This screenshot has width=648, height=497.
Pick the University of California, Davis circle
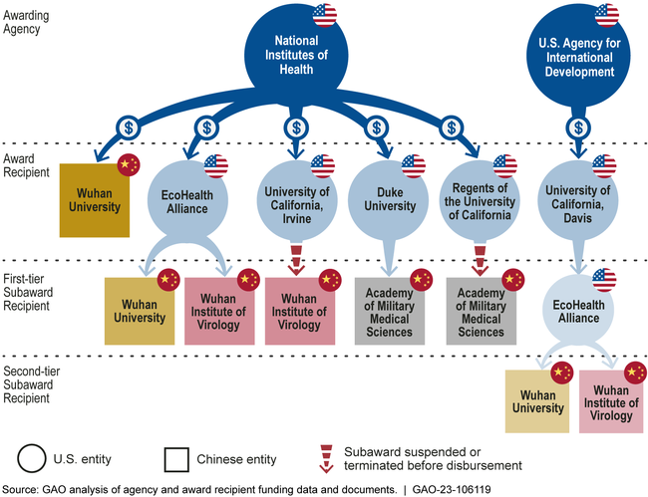[577, 198]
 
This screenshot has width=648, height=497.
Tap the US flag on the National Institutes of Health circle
[325, 15]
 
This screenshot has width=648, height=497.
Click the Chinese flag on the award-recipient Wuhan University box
[127, 165]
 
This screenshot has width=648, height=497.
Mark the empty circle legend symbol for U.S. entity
[32, 459]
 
